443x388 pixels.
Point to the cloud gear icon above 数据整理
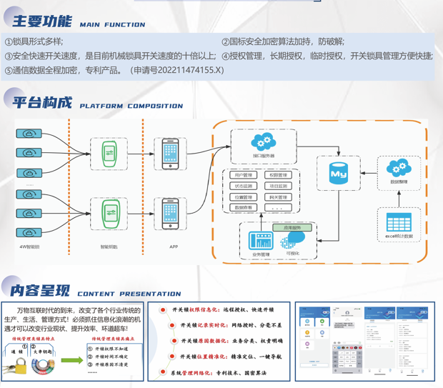click(x=399, y=168)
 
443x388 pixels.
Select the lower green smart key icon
click(x=110, y=213)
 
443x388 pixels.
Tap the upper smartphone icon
click(x=170, y=154)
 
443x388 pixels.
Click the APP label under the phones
click(x=174, y=247)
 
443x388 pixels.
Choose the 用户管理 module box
click(x=244, y=175)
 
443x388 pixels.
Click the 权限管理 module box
click(x=278, y=175)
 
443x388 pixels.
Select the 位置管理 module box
click(x=244, y=197)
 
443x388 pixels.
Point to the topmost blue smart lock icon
click(x=30, y=133)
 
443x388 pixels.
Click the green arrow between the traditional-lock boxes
click(x=71, y=360)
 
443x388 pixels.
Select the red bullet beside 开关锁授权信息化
click(x=164, y=309)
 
